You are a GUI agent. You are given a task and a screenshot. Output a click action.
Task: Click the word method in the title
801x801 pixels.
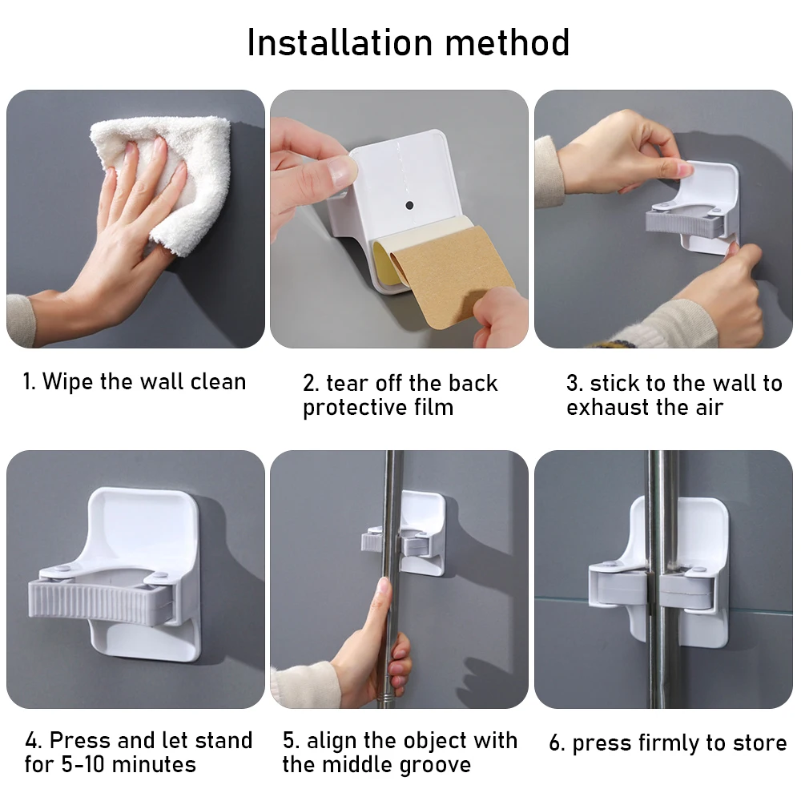point(507,42)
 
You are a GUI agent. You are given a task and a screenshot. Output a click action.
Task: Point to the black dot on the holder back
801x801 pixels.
point(409,205)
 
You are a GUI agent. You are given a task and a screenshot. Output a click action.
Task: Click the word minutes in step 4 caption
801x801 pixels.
point(154,765)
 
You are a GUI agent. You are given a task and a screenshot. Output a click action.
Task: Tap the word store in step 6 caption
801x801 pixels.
point(759,743)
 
